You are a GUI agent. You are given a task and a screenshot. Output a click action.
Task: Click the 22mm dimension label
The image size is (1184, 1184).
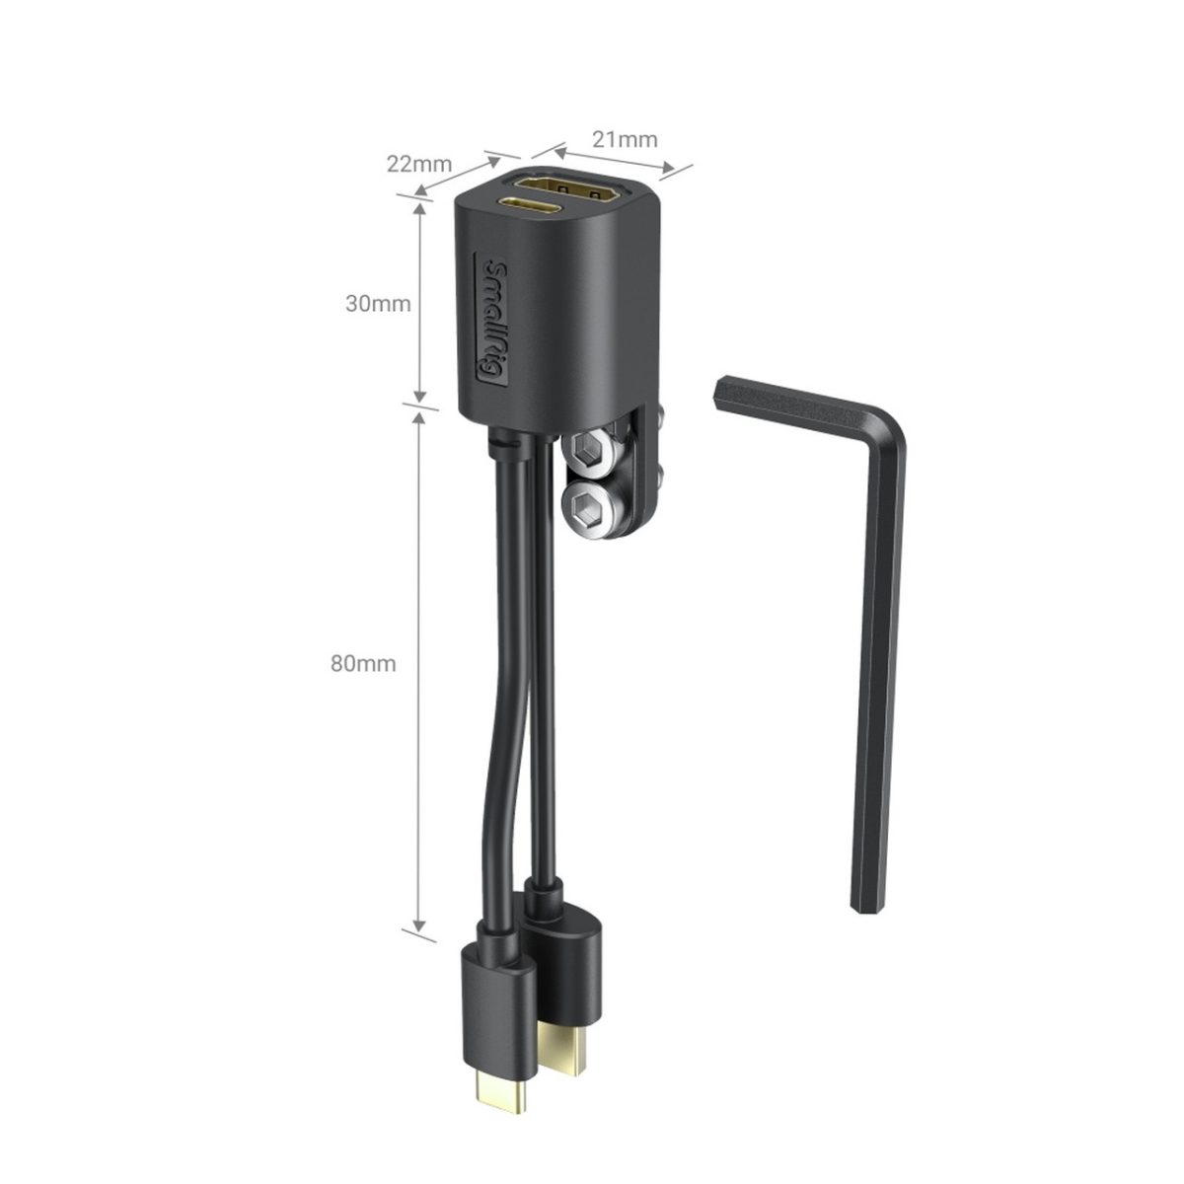[418, 164]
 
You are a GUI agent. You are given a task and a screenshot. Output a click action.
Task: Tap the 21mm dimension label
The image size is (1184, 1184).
[624, 139]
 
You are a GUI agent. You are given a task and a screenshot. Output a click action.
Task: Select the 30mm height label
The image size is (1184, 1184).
[377, 303]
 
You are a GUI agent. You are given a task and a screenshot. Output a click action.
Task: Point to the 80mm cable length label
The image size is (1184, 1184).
[363, 664]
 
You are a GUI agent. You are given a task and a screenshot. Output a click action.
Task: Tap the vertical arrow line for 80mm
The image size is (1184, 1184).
[420, 671]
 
